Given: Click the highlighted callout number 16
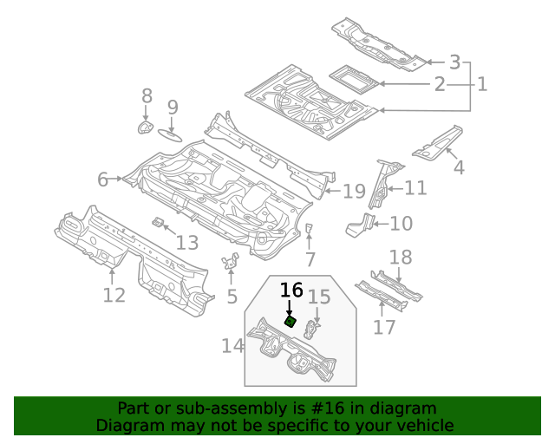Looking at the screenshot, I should coord(291,290).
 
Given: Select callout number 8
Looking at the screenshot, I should coord(147,96).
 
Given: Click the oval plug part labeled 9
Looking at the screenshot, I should coord(171,134).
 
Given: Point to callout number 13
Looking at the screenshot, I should coord(187,244).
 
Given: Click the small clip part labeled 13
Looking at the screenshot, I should coord(159,224).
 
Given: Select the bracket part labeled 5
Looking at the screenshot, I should coord(230,263).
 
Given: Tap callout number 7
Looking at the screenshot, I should coord(310,258).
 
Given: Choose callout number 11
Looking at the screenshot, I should coord(415,188).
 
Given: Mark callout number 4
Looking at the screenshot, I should coord(459,167).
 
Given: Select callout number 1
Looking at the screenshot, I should coord(481,84).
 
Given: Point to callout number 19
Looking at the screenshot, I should coord(354,192).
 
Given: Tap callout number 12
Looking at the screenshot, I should coord(114,295).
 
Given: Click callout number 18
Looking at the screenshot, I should coord(400,258).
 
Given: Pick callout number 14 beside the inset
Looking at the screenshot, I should coord(232,346).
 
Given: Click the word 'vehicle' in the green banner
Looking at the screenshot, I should coord(422,425).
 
